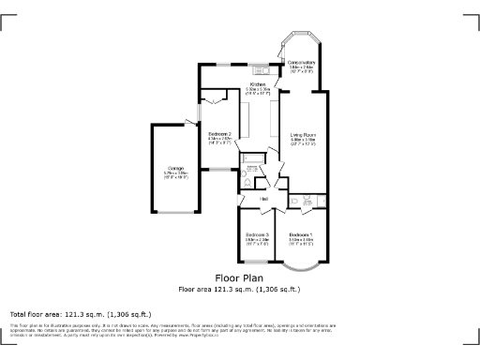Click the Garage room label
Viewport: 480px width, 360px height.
[x=175, y=169]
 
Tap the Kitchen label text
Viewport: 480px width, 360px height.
[x=258, y=84]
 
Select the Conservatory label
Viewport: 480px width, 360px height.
[x=302, y=64]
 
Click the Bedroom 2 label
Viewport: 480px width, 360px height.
[x=219, y=136]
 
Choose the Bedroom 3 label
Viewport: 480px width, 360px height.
[x=257, y=234]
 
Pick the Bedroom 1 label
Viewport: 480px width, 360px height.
[x=301, y=234]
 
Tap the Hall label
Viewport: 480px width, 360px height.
[x=264, y=200]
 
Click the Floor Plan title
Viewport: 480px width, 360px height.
[x=239, y=278]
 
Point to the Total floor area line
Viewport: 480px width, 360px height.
[x=80, y=313]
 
